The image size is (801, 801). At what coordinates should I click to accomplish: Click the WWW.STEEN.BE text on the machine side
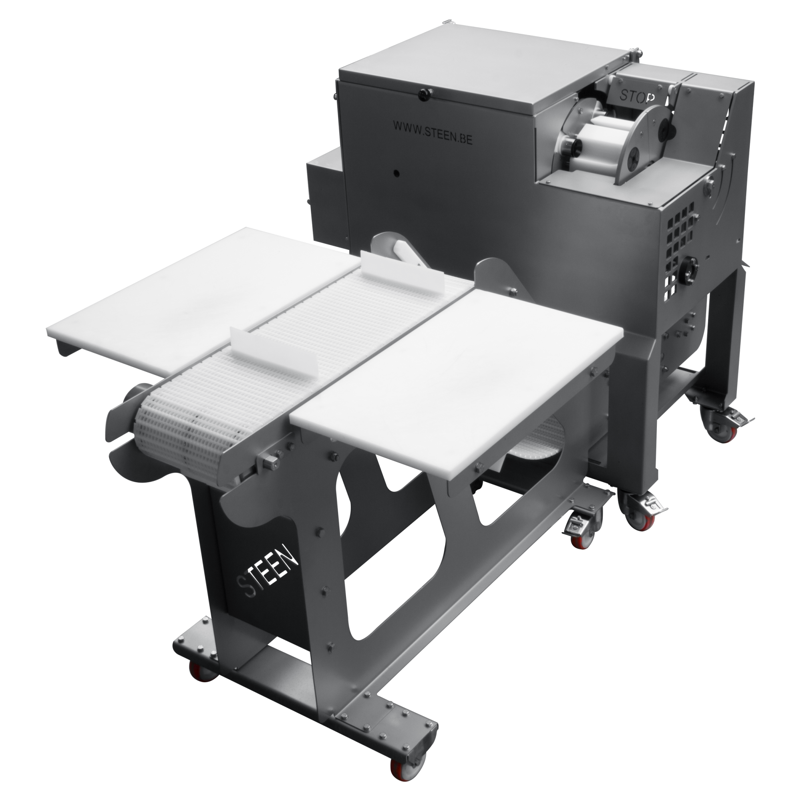(x=432, y=132)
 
